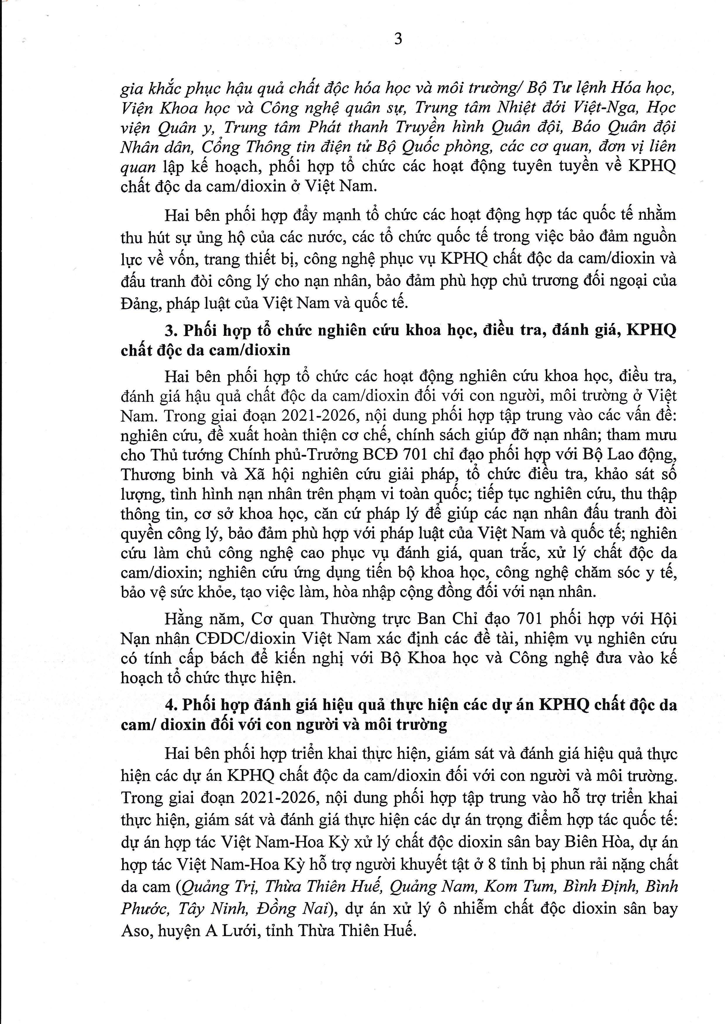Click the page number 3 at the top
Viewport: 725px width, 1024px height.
pyautogui.click(x=398, y=39)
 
